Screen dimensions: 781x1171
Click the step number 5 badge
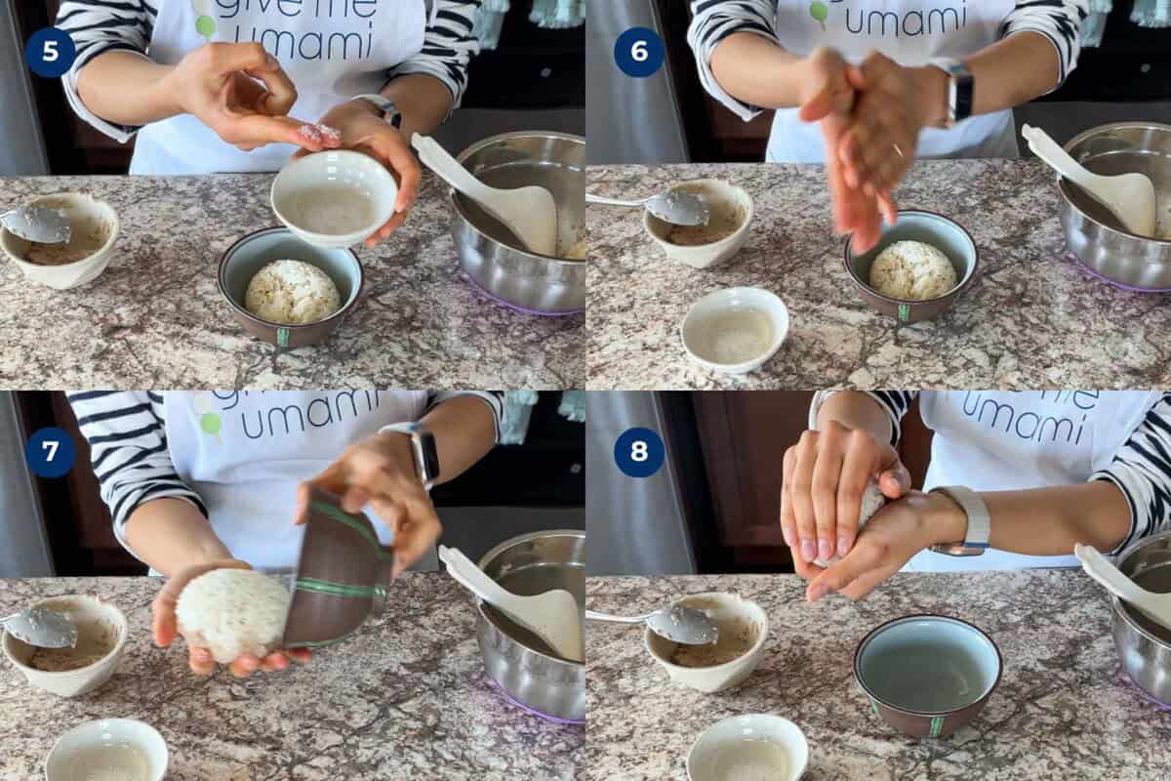(50, 52)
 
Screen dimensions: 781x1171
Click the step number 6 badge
(639, 52)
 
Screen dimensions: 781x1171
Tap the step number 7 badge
(50, 452)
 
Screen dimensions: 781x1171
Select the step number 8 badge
(639, 452)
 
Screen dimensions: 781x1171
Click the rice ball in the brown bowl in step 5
(292, 291)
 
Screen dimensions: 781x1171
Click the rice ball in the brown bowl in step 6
(912, 270)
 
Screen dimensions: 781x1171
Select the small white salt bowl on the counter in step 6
(735, 330)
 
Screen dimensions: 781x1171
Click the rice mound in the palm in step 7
(232, 615)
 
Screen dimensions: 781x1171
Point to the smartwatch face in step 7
(424, 454)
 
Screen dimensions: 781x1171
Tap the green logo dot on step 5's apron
(205, 26)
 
